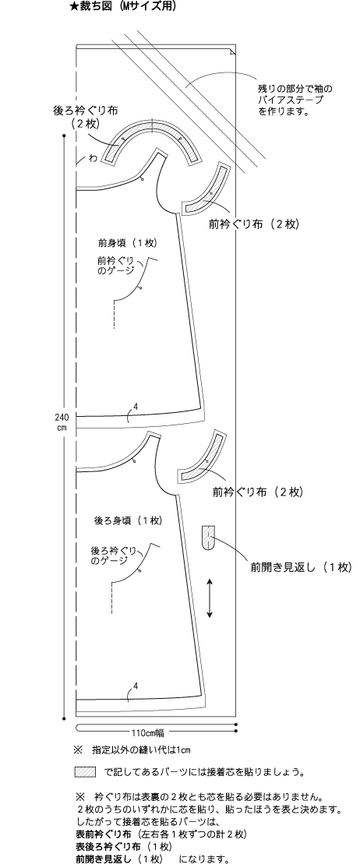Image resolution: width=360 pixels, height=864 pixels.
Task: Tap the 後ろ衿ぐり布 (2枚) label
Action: pos(85,116)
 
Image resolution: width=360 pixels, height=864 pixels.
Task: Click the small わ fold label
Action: pos(93,159)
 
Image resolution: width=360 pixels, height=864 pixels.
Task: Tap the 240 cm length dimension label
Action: pos(62,421)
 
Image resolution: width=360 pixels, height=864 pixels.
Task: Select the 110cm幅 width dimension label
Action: pos(147,732)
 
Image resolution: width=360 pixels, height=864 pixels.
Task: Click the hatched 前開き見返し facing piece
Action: pos(207,538)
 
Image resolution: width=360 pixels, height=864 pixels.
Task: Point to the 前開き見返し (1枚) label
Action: pos(300,567)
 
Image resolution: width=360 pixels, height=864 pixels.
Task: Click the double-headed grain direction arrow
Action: pos(210,598)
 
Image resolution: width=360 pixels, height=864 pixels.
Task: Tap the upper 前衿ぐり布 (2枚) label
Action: pos(253,224)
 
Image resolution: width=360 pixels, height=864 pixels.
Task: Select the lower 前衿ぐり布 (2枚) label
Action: pos(257,492)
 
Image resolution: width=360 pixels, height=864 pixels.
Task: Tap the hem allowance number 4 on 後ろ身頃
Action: pos(135,686)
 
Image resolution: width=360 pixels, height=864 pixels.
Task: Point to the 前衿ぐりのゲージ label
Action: pos(116,266)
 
